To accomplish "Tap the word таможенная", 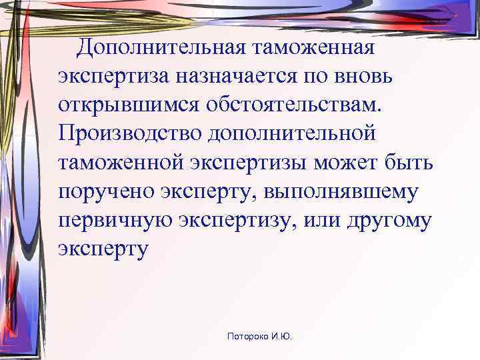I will point(313,48).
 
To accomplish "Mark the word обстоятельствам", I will point(291,105).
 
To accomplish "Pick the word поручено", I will point(106,191).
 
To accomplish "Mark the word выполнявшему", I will point(342,191).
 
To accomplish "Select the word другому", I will point(391,219).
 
